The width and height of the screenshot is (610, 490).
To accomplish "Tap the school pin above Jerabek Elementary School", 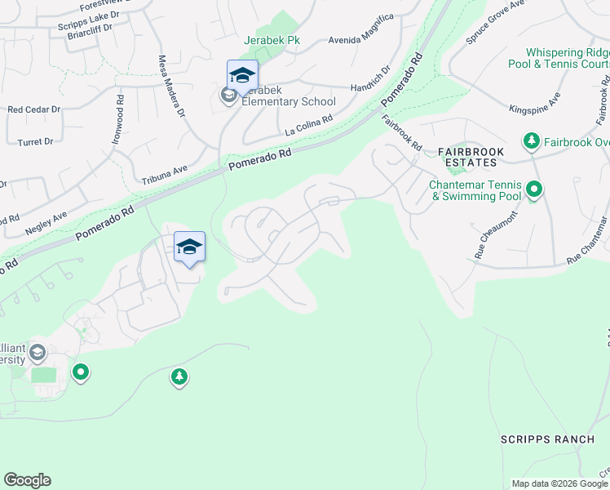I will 242,77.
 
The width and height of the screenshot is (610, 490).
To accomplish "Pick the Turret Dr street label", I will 36,141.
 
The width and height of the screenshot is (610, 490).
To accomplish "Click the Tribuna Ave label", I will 165,175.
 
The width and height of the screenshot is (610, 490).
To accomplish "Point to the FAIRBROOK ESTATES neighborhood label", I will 471,158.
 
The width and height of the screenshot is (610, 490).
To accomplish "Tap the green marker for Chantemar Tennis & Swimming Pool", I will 534,191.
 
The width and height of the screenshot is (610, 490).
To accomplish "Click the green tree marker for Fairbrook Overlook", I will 532,142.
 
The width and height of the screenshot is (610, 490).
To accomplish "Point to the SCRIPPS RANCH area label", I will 547,439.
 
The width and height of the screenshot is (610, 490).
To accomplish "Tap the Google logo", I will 27,480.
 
